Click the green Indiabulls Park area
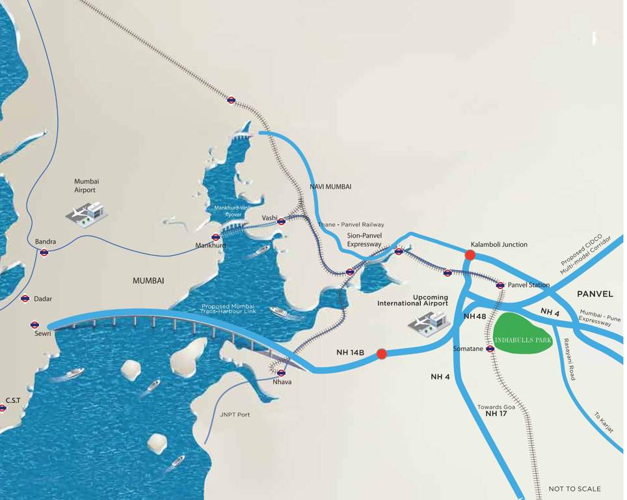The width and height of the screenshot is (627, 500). click(x=523, y=333)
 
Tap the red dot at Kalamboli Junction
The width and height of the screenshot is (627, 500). click(x=470, y=255)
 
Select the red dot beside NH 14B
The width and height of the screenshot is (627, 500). click(x=382, y=354)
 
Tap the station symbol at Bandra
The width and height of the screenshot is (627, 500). click(x=44, y=253)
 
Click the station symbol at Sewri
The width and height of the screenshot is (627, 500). click(x=34, y=324)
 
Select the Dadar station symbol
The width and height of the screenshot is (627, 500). click(x=25, y=298)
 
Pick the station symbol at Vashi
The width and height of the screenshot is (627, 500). click(x=282, y=221)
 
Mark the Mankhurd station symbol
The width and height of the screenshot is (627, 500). click(x=216, y=237)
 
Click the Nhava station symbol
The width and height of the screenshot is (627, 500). click(x=281, y=373)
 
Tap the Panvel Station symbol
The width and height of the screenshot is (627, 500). click(x=500, y=285)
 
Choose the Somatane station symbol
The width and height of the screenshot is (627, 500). click(x=490, y=349)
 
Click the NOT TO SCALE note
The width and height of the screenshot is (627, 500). click(x=575, y=489)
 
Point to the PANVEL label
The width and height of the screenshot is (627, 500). click(x=595, y=294)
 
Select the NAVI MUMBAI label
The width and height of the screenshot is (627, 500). click(x=330, y=186)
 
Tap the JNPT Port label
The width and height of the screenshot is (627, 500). click(x=235, y=414)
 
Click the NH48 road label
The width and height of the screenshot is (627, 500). click(x=475, y=316)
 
